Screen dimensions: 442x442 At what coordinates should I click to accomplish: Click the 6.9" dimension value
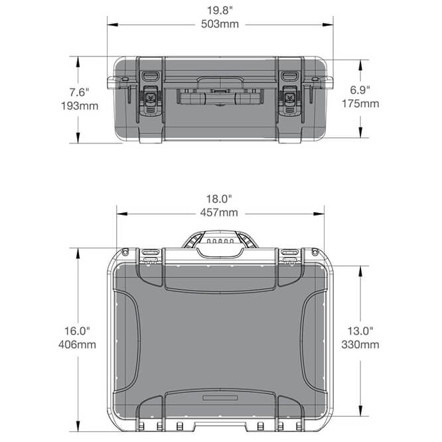click(360, 88)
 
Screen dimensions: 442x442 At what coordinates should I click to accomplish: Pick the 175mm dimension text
click(360, 104)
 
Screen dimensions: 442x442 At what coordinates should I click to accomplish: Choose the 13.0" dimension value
click(361, 330)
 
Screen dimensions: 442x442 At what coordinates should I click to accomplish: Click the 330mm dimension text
click(361, 344)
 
